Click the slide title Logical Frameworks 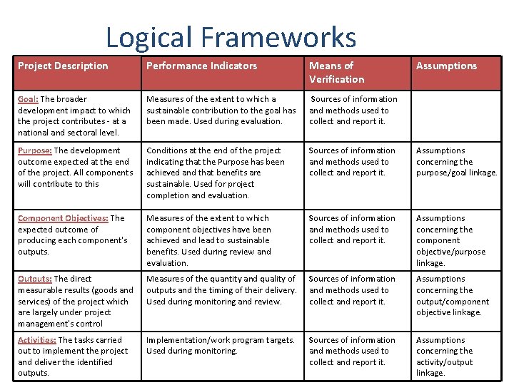click(x=231, y=37)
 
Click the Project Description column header click(x=63, y=66)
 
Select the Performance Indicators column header click(x=201, y=66)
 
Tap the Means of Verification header click(x=336, y=72)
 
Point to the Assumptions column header click(x=446, y=66)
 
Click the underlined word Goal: click(x=28, y=99)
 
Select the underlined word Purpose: click(x=34, y=150)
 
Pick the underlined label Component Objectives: click(x=63, y=218)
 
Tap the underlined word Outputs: click(x=34, y=279)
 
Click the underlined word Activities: click(x=36, y=340)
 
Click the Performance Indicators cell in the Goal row click(x=221, y=110)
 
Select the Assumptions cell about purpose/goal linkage click(x=456, y=161)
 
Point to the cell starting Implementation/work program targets click(x=220, y=345)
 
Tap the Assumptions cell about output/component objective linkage click(x=453, y=295)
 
